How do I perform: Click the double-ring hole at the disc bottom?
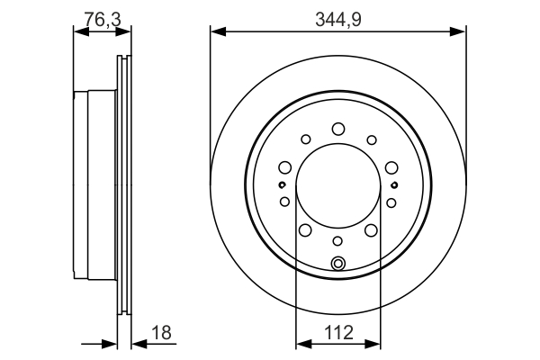(338, 264)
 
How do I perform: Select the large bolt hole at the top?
(338, 129)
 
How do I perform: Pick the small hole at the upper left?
(305, 139)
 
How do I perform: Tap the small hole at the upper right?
(372, 139)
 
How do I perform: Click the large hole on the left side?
(284, 166)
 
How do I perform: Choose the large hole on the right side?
(391, 166)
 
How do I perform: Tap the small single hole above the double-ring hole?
(338, 241)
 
